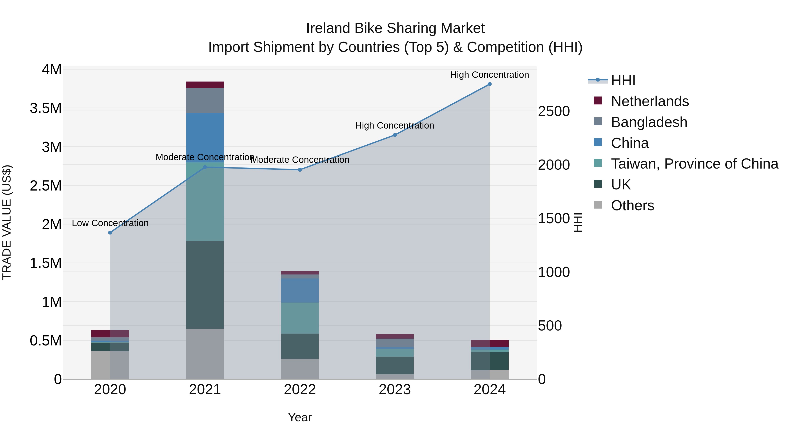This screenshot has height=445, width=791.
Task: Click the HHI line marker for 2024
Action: pos(490,84)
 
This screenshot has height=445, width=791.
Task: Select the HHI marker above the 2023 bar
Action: pos(395,135)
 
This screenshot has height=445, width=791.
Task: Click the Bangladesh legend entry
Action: pos(649,122)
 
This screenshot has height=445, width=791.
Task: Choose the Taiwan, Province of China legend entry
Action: pos(694,164)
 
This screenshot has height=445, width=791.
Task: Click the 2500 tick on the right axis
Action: pos(554,111)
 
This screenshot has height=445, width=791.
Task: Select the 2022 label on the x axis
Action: pos(300,390)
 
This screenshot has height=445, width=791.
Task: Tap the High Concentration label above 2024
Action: pos(490,75)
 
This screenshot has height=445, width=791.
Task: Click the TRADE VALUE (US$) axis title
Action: pos(7,222)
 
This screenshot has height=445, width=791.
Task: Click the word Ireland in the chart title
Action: pos(328,28)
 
